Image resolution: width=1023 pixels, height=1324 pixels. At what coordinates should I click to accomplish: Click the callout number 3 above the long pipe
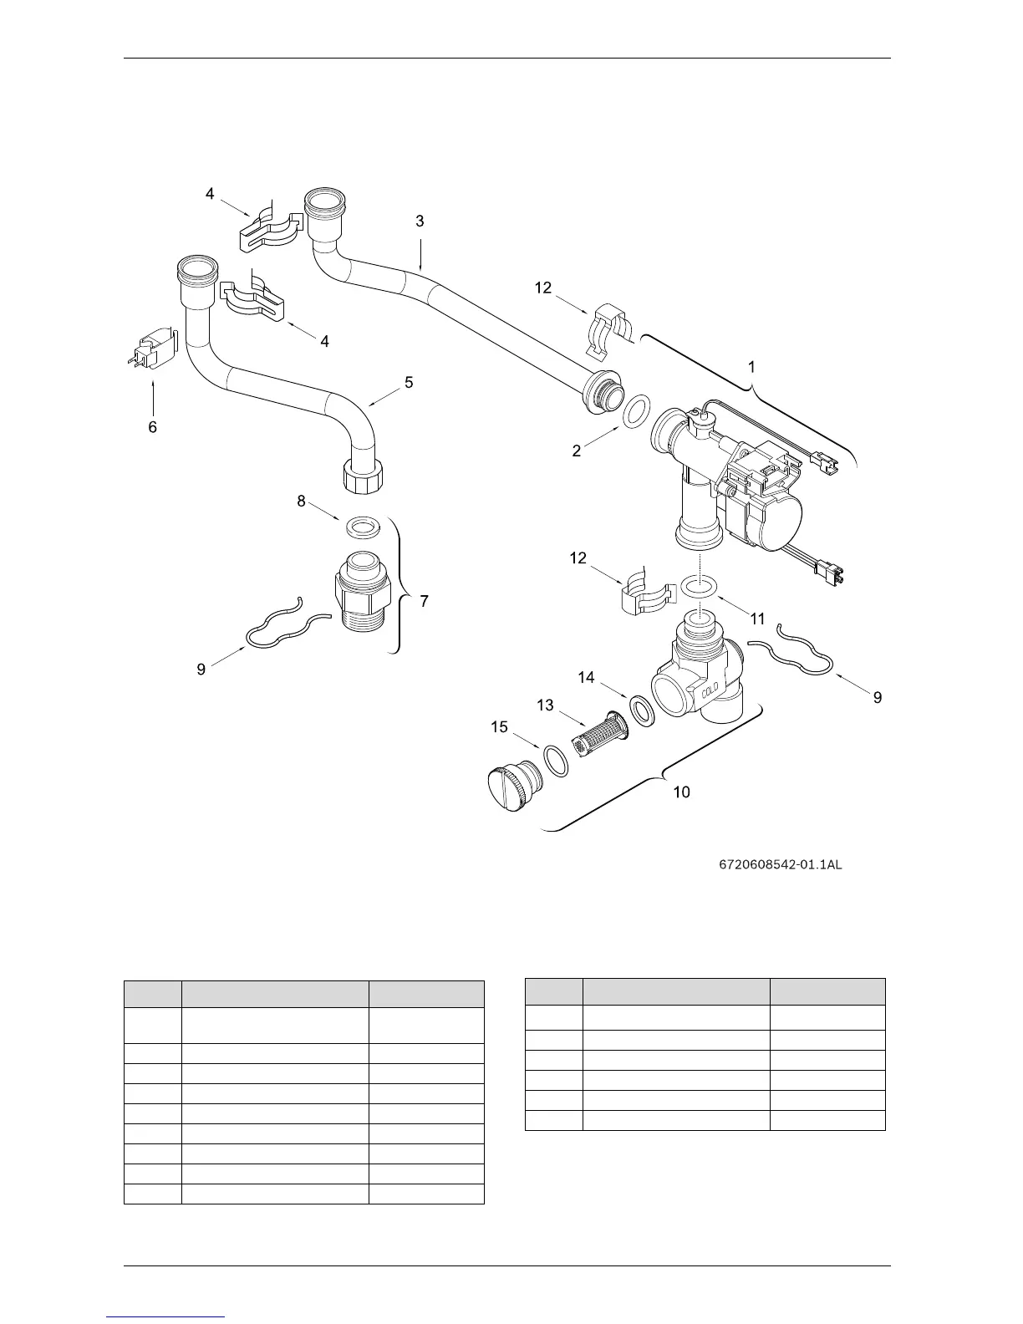(x=420, y=222)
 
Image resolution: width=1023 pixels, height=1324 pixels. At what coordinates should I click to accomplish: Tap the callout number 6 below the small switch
(x=152, y=427)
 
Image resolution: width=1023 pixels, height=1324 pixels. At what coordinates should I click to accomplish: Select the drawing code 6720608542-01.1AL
(x=780, y=864)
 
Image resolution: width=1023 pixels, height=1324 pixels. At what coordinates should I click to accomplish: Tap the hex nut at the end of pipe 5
(x=363, y=480)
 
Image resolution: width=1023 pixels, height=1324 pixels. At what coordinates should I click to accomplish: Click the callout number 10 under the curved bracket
(x=682, y=792)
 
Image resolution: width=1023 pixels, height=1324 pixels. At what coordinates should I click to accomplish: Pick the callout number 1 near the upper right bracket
(x=751, y=367)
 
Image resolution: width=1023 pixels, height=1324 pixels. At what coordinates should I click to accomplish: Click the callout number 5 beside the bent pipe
(x=409, y=383)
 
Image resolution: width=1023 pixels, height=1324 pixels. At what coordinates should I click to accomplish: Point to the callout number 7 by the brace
(x=425, y=601)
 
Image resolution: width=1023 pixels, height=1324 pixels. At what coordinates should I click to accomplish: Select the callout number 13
(x=545, y=705)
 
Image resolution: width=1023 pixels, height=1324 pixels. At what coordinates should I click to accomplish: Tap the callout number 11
(x=757, y=619)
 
